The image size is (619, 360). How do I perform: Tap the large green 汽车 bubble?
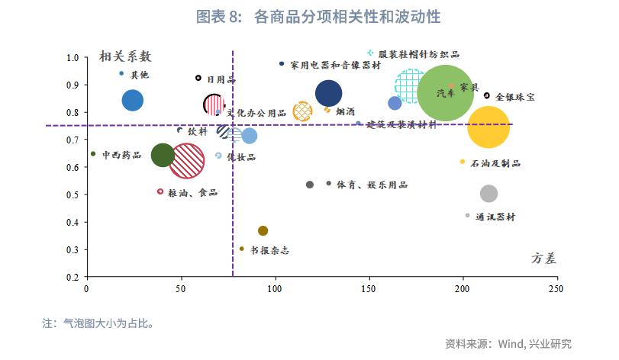[x=447, y=94]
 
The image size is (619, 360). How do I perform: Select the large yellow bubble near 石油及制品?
[x=488, y=127]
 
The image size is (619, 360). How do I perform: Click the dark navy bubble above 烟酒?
[x=328, y=94]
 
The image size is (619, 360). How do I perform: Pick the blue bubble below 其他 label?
[x=133, y=100]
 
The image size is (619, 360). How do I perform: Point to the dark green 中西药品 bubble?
[x=163, y=155]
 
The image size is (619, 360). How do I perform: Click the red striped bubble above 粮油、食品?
[x=186, y=161]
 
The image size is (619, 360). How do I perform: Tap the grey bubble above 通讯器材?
[x=488, y=194]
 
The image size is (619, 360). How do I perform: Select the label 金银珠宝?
[x=515, y=98]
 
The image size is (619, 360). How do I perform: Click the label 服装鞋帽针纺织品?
[x=419, y=55]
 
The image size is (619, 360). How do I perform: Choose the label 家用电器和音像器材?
[x=335, y=66]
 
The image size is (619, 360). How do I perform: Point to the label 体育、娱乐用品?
[x=372, y=185]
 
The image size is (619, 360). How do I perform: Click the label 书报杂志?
[x=269, y=250]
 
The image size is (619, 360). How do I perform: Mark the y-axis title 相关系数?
[x=126, y=56]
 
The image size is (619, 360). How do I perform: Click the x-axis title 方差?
[x=543, y=259]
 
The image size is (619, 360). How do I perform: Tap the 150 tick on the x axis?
[x=370, y=289]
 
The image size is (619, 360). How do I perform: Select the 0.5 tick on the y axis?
[x=73, y=195]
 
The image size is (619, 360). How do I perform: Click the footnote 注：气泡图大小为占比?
[x=98, y=323]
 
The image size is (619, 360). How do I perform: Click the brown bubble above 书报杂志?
[x=263, y=230]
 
